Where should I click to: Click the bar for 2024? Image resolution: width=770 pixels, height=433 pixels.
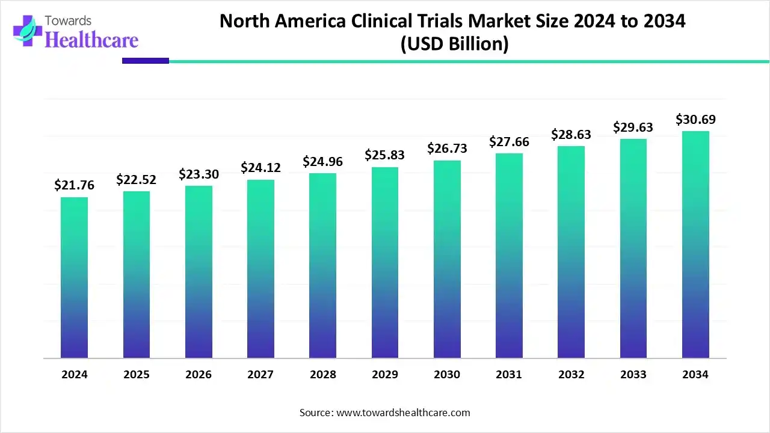74,277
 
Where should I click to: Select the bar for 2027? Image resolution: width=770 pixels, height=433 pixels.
260,269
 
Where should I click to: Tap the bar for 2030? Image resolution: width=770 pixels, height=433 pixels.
447,259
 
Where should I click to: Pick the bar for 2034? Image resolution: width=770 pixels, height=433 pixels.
695,244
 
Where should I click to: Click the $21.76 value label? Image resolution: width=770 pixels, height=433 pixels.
74,186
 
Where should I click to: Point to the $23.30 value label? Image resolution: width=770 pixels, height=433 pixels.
199,174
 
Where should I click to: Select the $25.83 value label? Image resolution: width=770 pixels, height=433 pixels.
384,155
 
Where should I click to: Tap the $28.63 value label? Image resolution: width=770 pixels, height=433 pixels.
571,135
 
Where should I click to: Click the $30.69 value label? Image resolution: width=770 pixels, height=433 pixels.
695,120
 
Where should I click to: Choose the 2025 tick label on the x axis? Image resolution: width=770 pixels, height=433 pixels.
137,375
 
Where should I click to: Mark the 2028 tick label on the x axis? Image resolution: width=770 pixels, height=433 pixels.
323,375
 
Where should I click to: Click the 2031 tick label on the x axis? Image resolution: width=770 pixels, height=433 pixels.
509,375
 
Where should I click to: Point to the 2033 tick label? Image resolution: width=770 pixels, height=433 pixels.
633,375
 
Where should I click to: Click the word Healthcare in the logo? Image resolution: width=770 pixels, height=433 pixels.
91,40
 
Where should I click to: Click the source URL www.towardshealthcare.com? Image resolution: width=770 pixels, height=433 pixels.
402,413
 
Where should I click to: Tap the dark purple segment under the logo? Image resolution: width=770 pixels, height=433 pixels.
146,61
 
